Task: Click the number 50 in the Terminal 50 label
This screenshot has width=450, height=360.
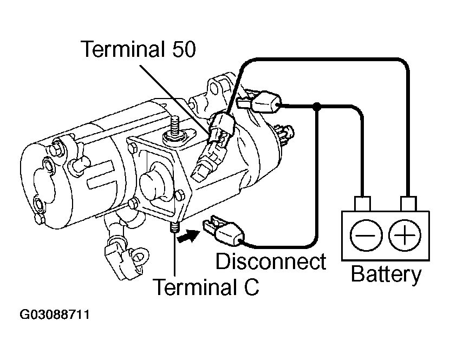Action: [184, 49]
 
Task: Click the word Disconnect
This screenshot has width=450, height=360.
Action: [271, 261]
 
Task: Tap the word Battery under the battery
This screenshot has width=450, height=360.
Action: [386, 275]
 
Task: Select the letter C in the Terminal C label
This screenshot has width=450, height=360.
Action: [251, 287]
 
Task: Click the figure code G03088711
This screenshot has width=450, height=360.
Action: [55, 315]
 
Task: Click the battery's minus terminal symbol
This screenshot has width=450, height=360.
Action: [366, 235]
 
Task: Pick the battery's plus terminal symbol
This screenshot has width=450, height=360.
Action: [405, 235]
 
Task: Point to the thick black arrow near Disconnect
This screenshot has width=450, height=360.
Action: [188, 236]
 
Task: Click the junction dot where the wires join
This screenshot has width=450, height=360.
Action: [317, 107]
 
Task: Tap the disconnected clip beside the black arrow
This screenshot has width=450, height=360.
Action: [224, 231]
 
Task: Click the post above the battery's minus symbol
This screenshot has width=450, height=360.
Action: [363, 204]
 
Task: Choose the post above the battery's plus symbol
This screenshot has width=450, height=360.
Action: [408, 204]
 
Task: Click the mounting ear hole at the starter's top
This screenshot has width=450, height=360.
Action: [214, 88]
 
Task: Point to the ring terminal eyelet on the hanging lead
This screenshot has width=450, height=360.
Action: [140, 256]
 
